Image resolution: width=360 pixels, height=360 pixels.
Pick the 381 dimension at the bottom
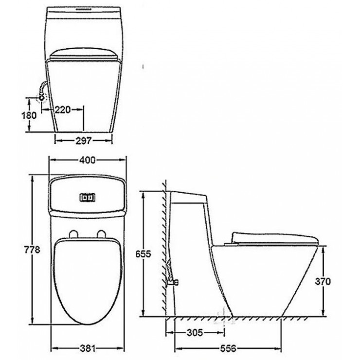pyautogui.click(x=88, y=349)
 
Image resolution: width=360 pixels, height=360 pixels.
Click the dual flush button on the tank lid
pyautogui.click(x=88, y=198)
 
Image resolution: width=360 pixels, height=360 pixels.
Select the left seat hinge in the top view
pyautogui.click(x=74, y=234)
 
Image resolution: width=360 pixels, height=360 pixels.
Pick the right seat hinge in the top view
pyautogui.click(x=102, y=234)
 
